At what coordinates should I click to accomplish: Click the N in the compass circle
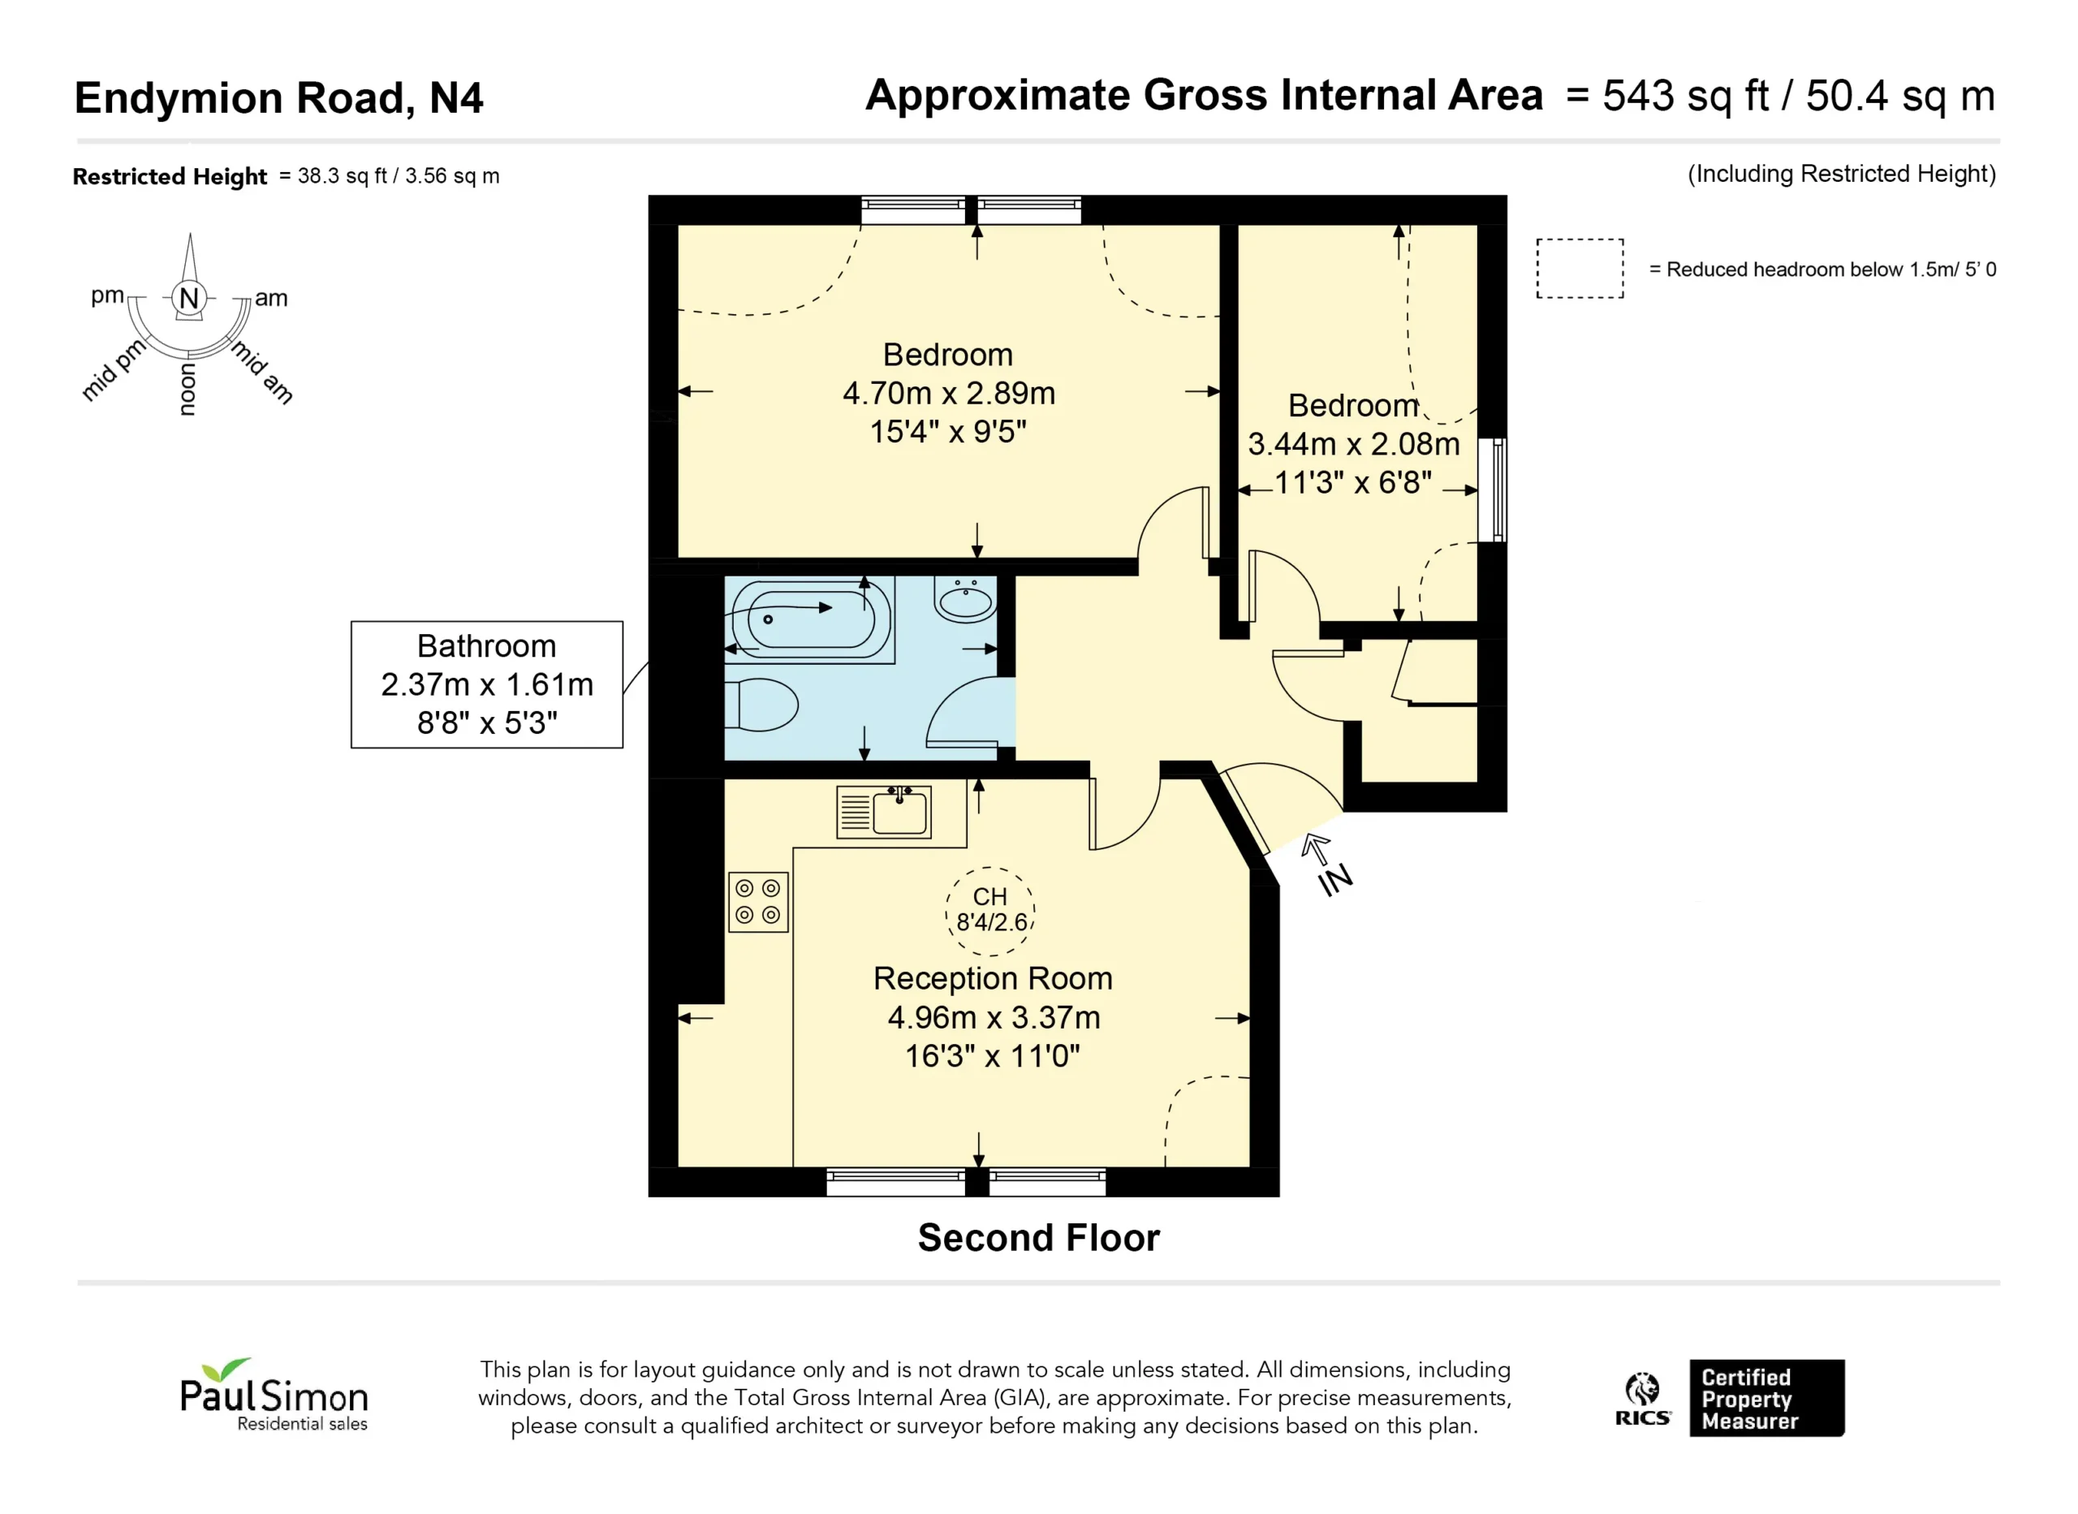[x=189, y=298]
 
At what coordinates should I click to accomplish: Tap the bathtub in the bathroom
[x=810, y=619]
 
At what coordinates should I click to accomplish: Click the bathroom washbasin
[x=966, y=599]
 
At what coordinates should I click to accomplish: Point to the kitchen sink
[x=884, y=812]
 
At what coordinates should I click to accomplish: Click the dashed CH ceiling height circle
[x=989, y=911]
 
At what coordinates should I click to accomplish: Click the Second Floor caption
[x=1039, y=1238]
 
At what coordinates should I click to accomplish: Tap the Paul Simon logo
[x=274, y=1394]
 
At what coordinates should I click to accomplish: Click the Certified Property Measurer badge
[x=1766, y=1398]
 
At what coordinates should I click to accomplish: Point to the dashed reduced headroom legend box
[x=1580, y=269]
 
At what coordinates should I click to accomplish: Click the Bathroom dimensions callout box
[x=486, y=684]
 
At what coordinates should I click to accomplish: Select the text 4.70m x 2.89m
[x=949, y=393]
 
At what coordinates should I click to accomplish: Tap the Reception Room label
[x=992, y=979]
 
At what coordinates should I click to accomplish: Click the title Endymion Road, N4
[x=278, y=98]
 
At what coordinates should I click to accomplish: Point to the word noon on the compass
[x=188, y=390]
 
